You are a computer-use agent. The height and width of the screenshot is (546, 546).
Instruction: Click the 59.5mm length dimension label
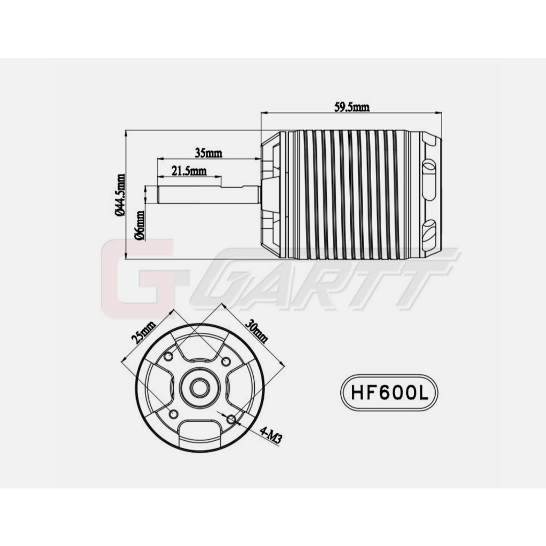pos(352,107)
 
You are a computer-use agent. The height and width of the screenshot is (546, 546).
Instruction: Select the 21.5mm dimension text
pos(189,171)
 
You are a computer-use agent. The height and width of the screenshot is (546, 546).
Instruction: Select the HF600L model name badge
pos(389,393)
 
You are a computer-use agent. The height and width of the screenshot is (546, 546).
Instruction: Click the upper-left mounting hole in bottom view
pos(168,356)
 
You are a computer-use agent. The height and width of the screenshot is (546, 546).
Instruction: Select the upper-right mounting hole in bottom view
pos(226,362)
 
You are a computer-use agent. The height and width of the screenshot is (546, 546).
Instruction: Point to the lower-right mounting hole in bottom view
pos(230,420)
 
